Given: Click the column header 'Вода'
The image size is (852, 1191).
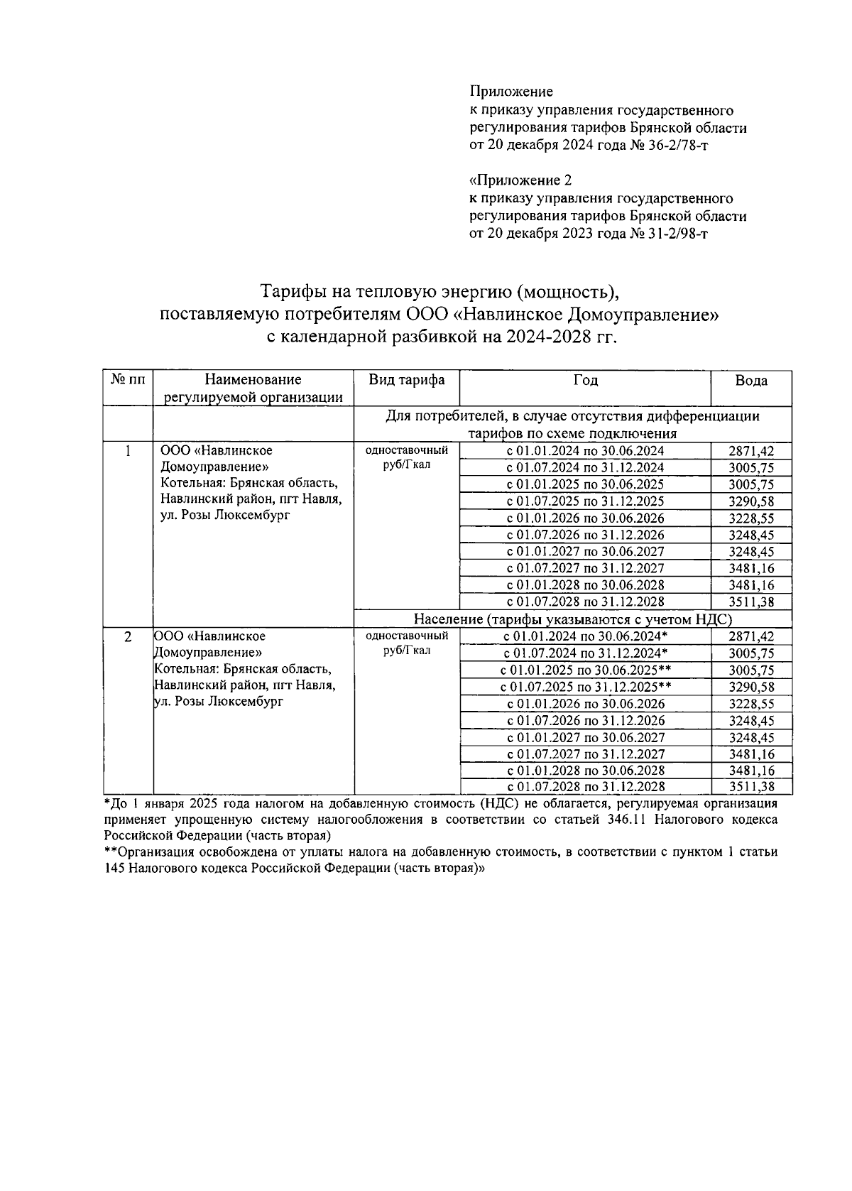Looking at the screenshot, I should pyautogui.click(x=750, y=381).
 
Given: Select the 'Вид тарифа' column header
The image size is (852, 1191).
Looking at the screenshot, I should pyautogui.click(x=406, y=380).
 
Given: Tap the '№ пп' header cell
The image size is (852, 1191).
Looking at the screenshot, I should pyautogui.click(x=128, y=380).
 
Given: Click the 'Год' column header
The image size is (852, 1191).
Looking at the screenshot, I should pyautogui.click(x=585, y=380).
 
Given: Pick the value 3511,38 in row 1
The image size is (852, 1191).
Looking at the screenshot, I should pyautogui.click(x=751, y=602).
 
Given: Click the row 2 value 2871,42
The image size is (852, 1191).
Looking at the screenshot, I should pyautogui.click(x=751, y=636).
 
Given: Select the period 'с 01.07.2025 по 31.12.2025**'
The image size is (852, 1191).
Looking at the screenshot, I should pyautogui.click(x=585, y=687).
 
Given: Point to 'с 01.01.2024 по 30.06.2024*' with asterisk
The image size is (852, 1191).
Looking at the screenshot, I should pyautogui.click(x=585, y=636).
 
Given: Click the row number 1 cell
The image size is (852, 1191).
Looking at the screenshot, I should pyautogui.click(x=128, y=451).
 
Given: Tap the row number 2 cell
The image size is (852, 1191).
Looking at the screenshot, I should pyautogui.click(x=128, y=637).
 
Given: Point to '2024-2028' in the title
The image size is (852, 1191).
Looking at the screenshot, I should pyautogui.click(x=540, y=337).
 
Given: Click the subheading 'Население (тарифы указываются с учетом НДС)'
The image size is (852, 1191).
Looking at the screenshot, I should pyautogui.click(x=572, y=619).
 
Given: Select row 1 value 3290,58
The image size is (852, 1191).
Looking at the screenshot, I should pyautogui.click(x=751, y=501).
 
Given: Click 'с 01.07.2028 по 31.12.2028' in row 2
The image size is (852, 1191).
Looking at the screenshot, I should pyautogui.click(x=585, y=787).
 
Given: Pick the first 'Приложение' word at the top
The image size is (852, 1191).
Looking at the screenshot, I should pyautogui.click(x=510, y=92).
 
